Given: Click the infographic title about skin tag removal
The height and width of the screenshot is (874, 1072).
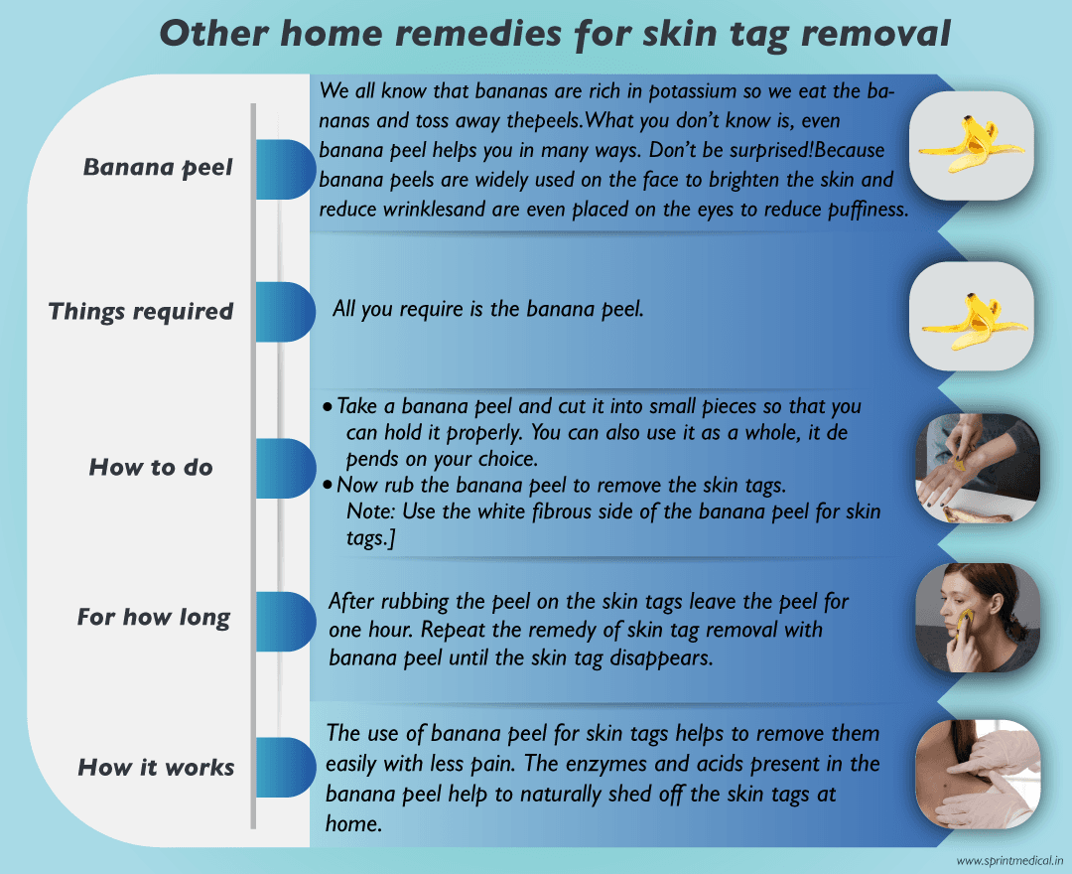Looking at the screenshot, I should click(555, 33).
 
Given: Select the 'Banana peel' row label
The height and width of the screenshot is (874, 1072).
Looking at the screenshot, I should click(158, 167).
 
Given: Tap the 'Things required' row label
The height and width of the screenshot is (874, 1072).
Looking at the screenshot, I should click(141, 311).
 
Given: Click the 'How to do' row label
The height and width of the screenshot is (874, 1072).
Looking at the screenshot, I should click(151, 467).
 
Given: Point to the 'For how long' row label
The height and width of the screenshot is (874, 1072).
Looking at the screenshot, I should click(154, 618).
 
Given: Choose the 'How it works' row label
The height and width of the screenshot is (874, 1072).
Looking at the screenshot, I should click(156, 767).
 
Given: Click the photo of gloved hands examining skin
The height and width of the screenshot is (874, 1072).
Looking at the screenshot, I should click(977, 775).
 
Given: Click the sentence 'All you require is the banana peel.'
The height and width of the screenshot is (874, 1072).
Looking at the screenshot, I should click(488, 309).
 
